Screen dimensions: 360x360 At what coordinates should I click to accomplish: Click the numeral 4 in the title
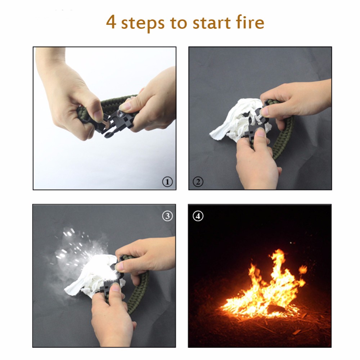[111, 22]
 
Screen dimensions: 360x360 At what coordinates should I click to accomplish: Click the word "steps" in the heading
[143, 23]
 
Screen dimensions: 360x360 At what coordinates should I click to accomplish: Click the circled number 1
[167, 182]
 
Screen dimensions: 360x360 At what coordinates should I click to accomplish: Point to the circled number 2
[198, 182]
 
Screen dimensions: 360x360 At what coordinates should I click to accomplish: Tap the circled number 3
[167, 216]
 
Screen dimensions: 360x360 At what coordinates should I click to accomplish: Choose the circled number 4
[198, 216]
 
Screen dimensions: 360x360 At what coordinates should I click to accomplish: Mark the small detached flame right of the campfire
[303, 269]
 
